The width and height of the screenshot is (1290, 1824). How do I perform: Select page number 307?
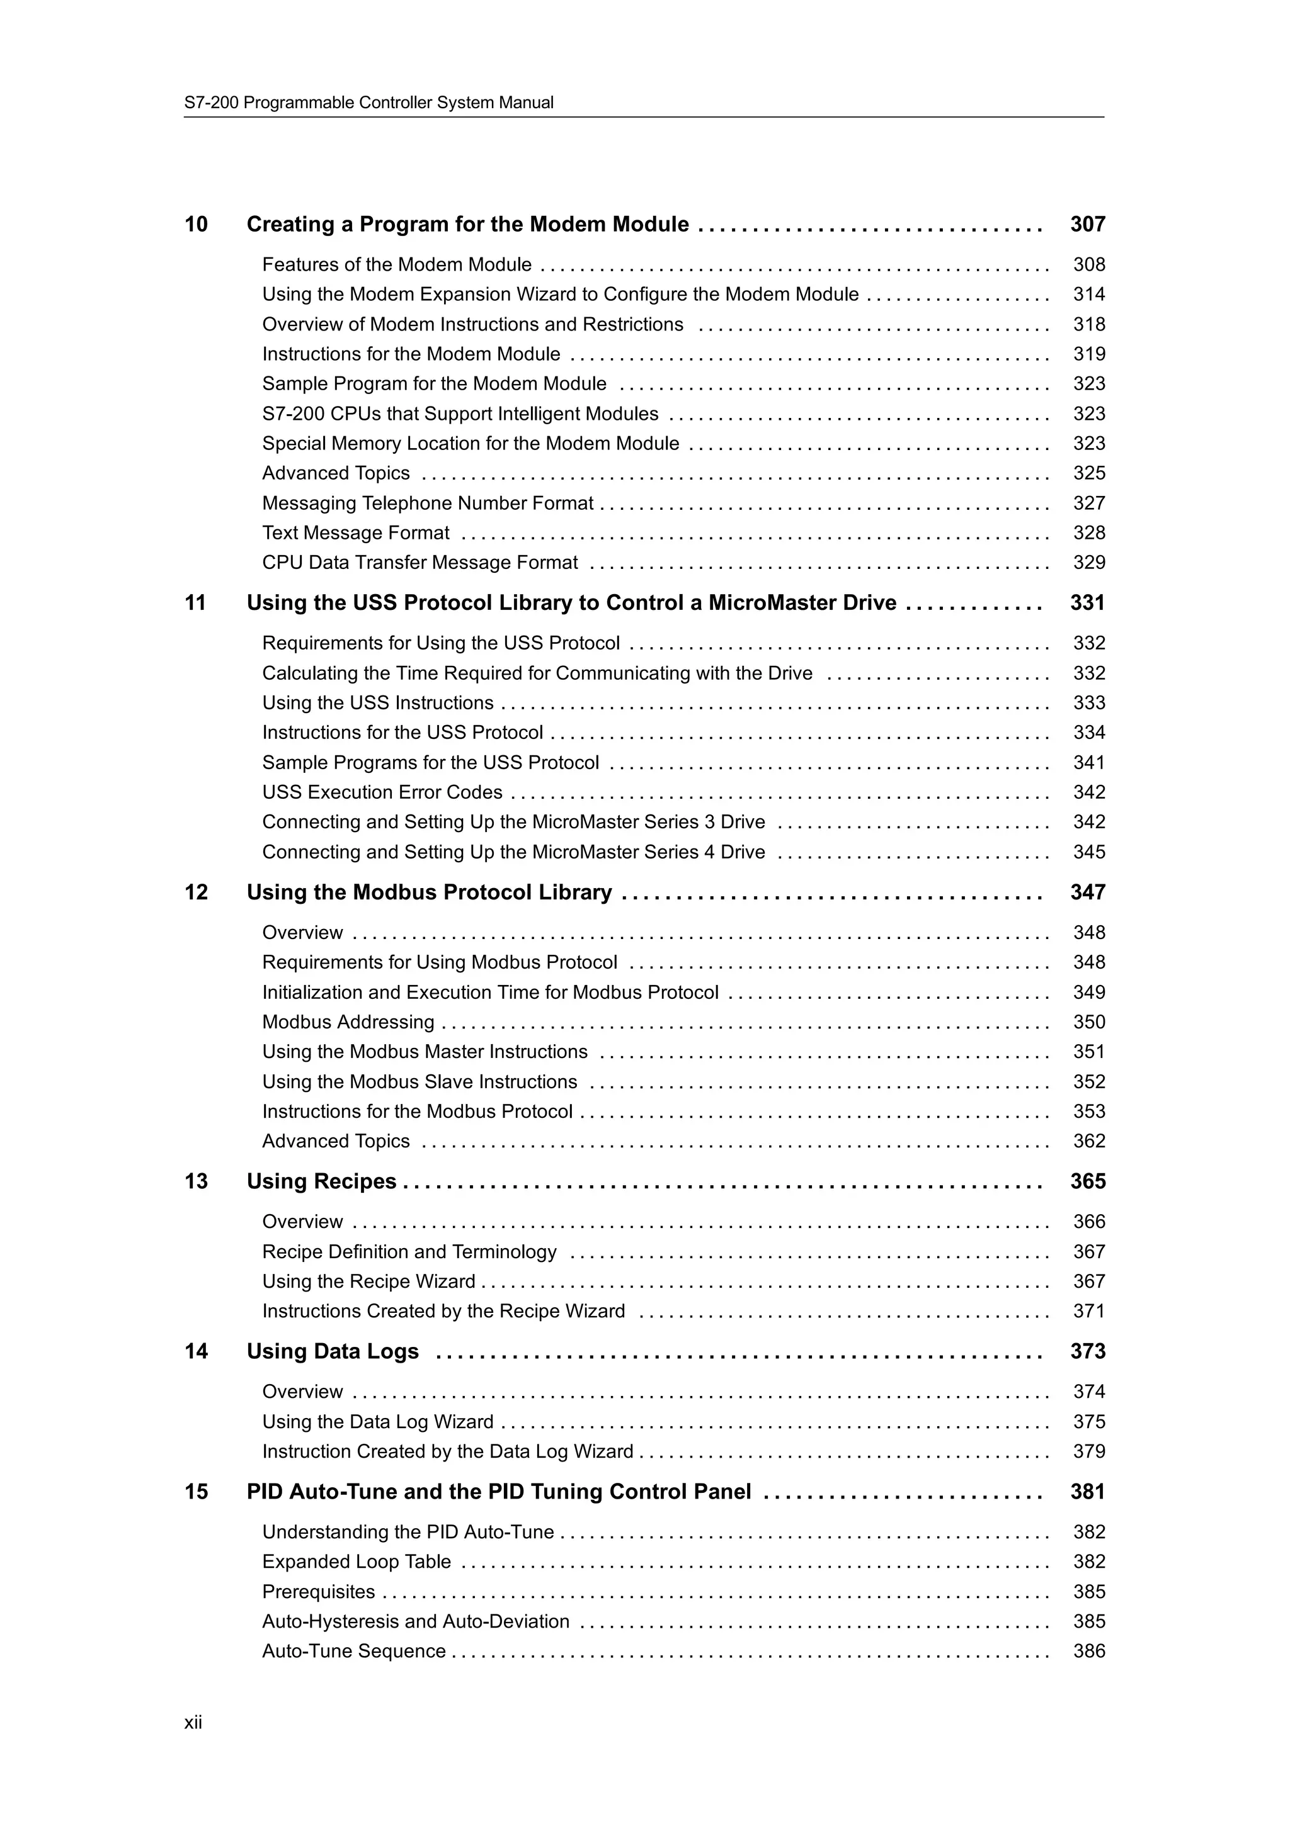click(x=1087, y=225)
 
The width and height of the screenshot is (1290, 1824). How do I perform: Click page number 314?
click(x=1088, y=295)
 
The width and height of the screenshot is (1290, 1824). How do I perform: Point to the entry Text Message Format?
click(x=355, y=533)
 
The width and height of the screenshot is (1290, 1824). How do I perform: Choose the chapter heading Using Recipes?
click(x=321, y=1181)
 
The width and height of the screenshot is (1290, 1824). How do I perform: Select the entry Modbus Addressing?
click(x=348, y=1022)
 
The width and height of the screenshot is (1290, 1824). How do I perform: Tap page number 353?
click(x=1088, y=1112)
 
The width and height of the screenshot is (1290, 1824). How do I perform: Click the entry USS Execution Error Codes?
click(x=382, y=793)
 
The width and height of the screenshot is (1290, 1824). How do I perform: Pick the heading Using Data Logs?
click(x=332, y=1351)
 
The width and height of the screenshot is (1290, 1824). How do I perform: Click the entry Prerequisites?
click(x=319, y=1592)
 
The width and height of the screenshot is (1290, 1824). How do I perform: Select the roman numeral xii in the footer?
click(x=193, y=1722)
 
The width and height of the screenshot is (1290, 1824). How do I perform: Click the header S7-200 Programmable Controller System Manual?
click(x=369, y=103)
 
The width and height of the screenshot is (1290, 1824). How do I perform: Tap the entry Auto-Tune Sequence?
click(x=354, y=1652)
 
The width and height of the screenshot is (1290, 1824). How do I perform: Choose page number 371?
click(x=1088, y=1312)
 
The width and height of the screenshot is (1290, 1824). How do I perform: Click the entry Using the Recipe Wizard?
click(x=369, y=1281)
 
